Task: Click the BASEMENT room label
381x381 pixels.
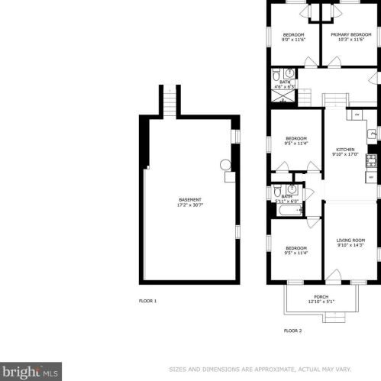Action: tap(190, 199)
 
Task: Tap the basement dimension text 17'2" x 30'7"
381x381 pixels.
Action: tap(190, 205)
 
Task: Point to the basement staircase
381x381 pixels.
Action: tap(170, 100)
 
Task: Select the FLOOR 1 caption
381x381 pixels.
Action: tap(147, 301)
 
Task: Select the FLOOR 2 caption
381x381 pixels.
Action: tap(292, 331)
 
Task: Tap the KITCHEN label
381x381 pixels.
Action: tap(346, 150)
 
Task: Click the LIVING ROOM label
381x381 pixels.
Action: tap(351, 241)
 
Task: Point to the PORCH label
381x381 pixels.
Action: tap(321, 296)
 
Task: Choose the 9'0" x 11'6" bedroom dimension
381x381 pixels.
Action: tap(294, 40)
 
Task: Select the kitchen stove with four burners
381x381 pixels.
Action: tap(372, 160)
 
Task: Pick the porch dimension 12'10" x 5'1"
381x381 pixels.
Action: tap(321, 302)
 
